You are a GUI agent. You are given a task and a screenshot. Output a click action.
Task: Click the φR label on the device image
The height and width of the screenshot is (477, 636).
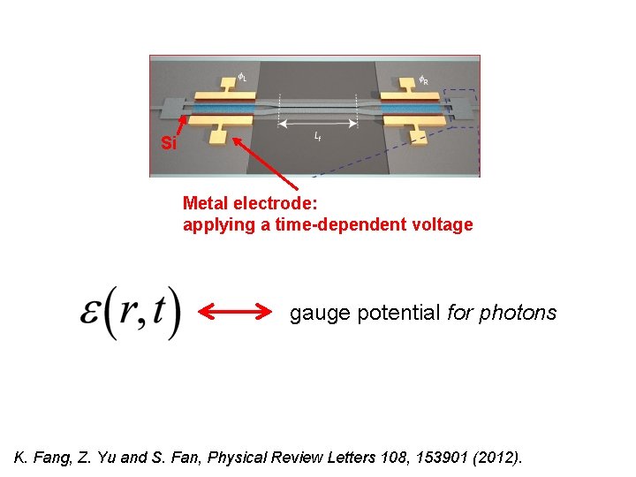pyautogui.click(x=423, y=80)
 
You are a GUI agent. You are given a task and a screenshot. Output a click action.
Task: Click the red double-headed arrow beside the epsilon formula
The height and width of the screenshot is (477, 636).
pyautogui.click(x=235, y=312)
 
